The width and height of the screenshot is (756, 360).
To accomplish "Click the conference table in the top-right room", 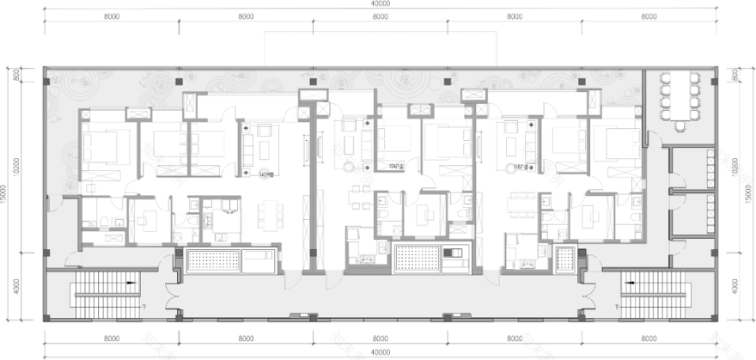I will click(679, 95).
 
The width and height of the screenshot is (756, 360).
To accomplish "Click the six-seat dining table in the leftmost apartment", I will click(269, 211).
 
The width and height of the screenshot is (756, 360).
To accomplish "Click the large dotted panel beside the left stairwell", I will click(210, 259).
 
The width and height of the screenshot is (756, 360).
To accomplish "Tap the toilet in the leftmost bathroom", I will click(102, 223).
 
